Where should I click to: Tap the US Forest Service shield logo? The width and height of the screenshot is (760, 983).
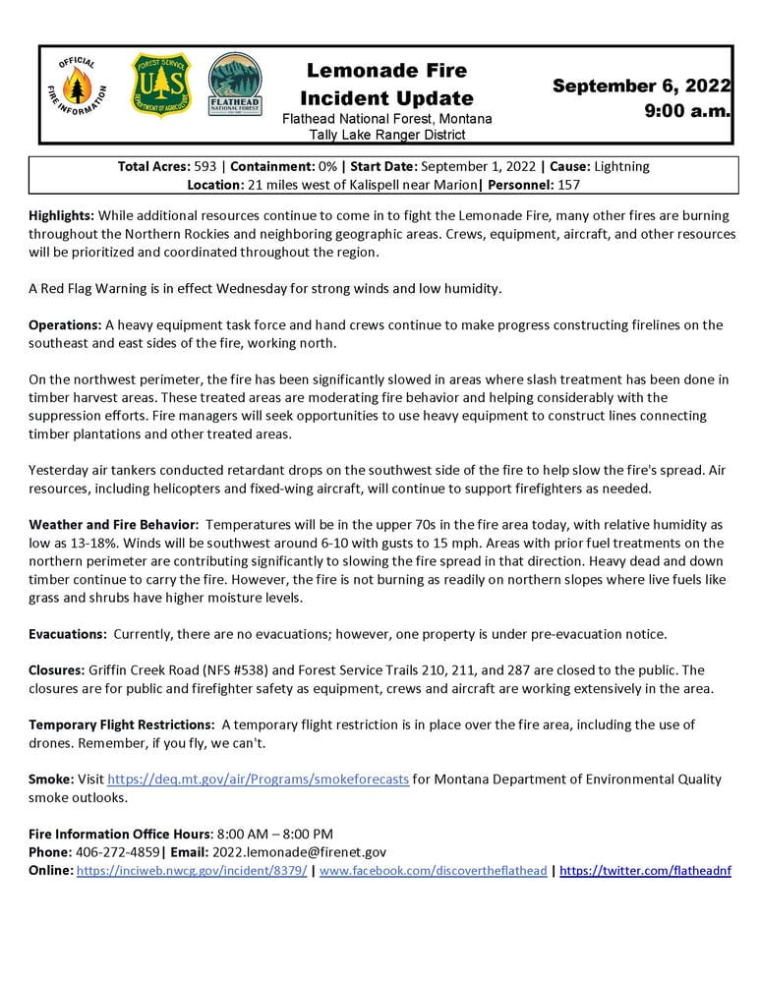(x=161, y=86)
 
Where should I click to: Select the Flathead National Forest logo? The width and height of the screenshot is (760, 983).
(x=234, y=86)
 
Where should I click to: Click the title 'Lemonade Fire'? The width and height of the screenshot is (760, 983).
(x=386, y=71)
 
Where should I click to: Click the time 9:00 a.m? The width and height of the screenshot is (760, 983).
(x=687, y=111)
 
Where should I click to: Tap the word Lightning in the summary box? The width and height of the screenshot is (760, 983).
(x=615, y=167)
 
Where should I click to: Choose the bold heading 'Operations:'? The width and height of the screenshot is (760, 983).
(x=63, y=325)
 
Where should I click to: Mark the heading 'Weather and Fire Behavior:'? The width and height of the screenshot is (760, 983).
(x=113, y=527)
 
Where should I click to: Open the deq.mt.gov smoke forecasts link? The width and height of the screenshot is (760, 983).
(x=258, y=780)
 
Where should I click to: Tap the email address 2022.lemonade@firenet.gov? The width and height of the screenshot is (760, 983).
(x=306, y=852)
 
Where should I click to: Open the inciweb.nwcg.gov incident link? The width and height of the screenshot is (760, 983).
(x=191, y=871)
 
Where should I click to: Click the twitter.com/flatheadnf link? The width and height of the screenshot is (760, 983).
(x=645, y=871)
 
